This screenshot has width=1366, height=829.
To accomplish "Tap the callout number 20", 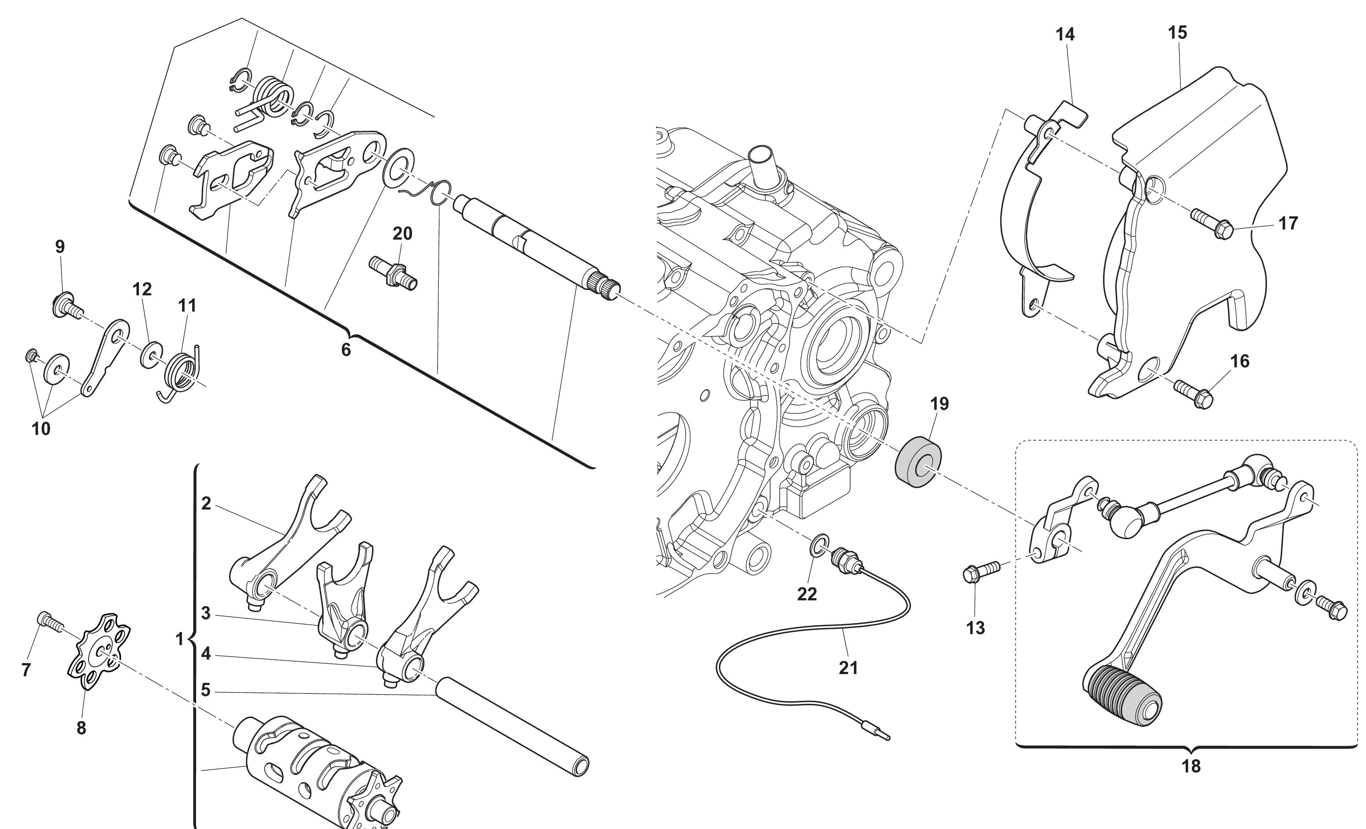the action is [x=402, y=233].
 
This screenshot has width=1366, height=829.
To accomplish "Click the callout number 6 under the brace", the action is [x=346, y=349].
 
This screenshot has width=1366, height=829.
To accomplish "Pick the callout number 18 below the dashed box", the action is [x=1191, y=766].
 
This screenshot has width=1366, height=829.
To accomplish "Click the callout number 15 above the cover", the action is [x=1177, y=33].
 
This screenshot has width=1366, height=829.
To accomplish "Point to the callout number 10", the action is [x=41, y=429].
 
